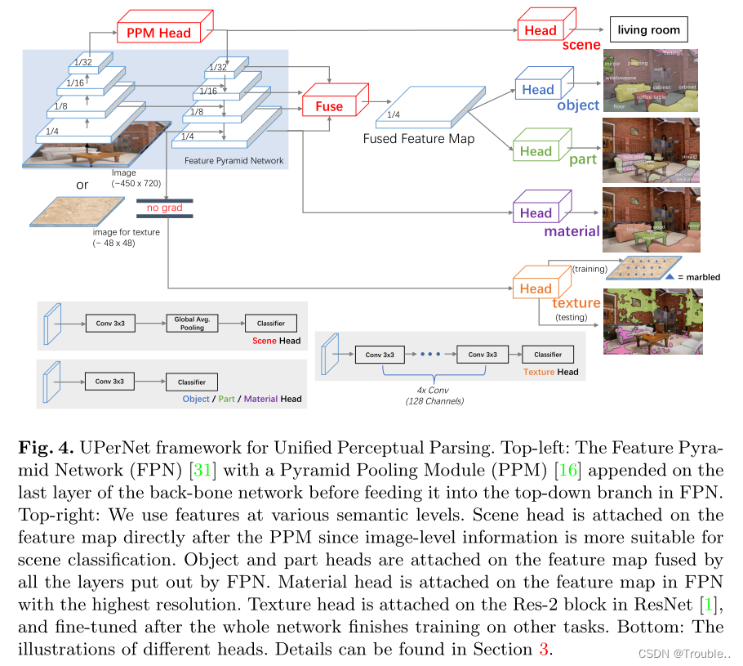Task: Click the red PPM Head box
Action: click(158, 33)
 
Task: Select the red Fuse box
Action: click(329, 106)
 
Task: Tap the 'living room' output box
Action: click(648, 30)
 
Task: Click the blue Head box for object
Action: click(538, 90)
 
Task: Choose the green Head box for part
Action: click(536, 151)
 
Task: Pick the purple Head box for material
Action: click(536, 213)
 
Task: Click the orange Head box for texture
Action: click(536, 288)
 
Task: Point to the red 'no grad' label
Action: click(164, 208)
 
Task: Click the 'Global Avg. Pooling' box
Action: click(189, 323)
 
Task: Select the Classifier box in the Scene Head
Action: click(271, 324)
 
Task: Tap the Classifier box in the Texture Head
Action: click(548, 355)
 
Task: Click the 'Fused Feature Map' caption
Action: click(419, 139)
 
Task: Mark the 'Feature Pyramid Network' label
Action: click(234, 161)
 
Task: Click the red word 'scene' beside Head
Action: click(581, 46)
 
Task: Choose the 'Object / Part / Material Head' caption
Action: click(242, 399)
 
